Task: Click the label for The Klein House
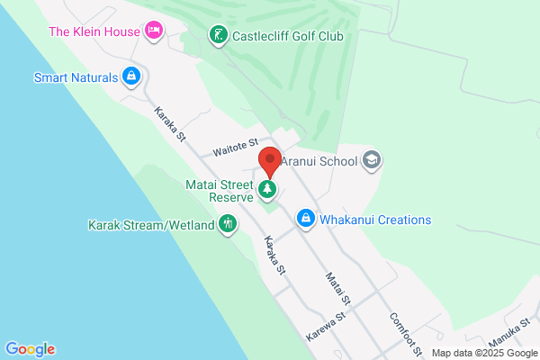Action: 94,31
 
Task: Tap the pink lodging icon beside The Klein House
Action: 154,31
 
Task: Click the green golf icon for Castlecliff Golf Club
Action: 217,35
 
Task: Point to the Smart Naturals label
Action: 76,77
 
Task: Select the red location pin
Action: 268,163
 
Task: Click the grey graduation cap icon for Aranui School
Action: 371,161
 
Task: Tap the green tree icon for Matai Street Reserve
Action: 267,189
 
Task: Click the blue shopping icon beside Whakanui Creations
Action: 306,219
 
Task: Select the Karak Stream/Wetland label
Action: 151,224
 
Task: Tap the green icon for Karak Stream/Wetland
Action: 229,223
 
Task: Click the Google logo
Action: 30,349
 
